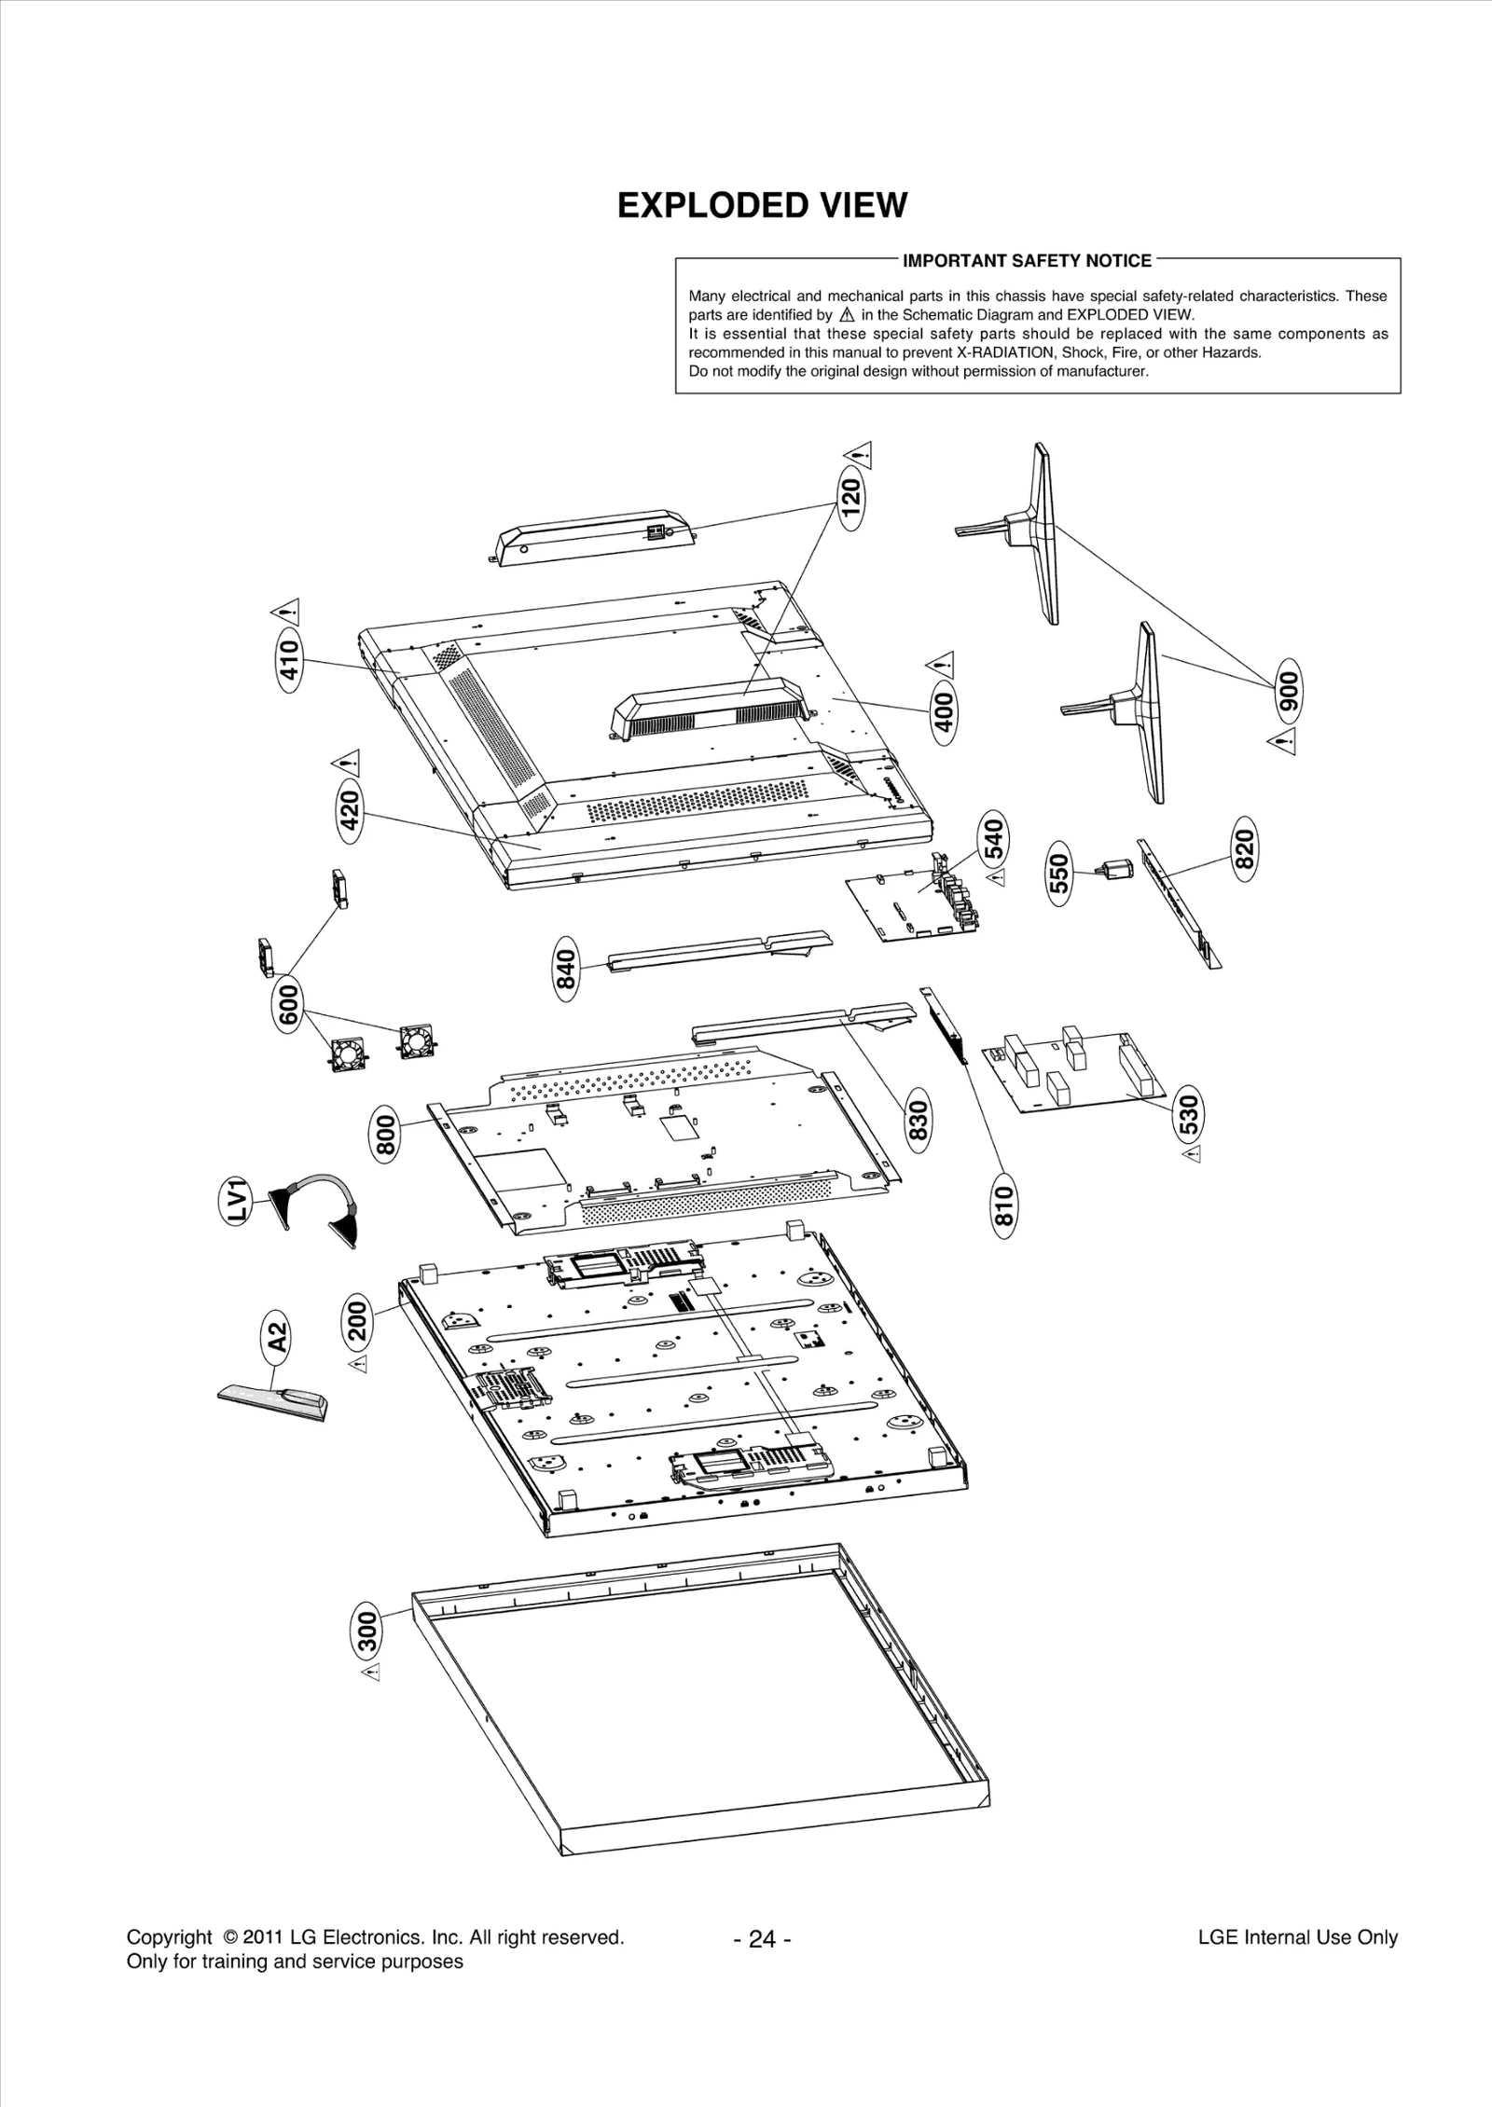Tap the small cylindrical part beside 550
click(1116, 870)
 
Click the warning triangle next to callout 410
click(287, 612)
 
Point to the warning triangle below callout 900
click(1283, 742)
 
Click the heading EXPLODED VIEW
click(762, 205)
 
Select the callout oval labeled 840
click(566, 970)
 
